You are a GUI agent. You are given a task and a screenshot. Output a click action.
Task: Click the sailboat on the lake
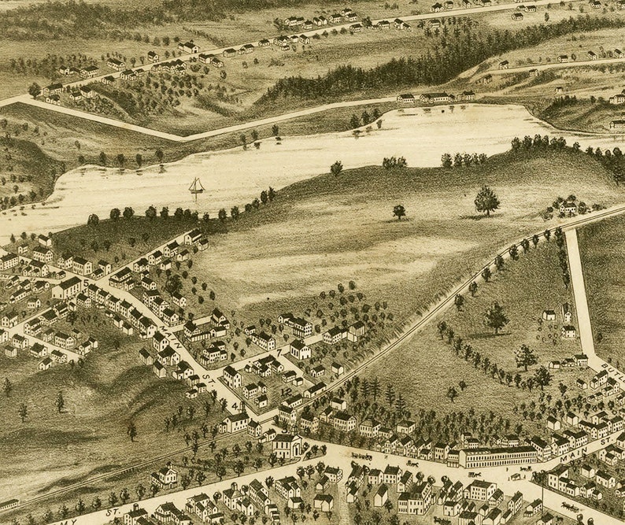point(195,186)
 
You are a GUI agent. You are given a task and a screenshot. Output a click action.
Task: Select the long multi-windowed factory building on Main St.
point(497,457)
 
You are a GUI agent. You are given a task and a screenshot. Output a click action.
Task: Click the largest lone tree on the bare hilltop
point(486,200)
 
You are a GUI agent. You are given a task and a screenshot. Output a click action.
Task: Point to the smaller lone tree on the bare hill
point(399,211)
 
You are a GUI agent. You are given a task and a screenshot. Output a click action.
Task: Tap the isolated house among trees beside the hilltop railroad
point(568,208)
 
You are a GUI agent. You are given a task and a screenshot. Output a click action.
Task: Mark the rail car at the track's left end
point(9,503)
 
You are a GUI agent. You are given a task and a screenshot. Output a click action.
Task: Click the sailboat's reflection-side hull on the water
point(195,191)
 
